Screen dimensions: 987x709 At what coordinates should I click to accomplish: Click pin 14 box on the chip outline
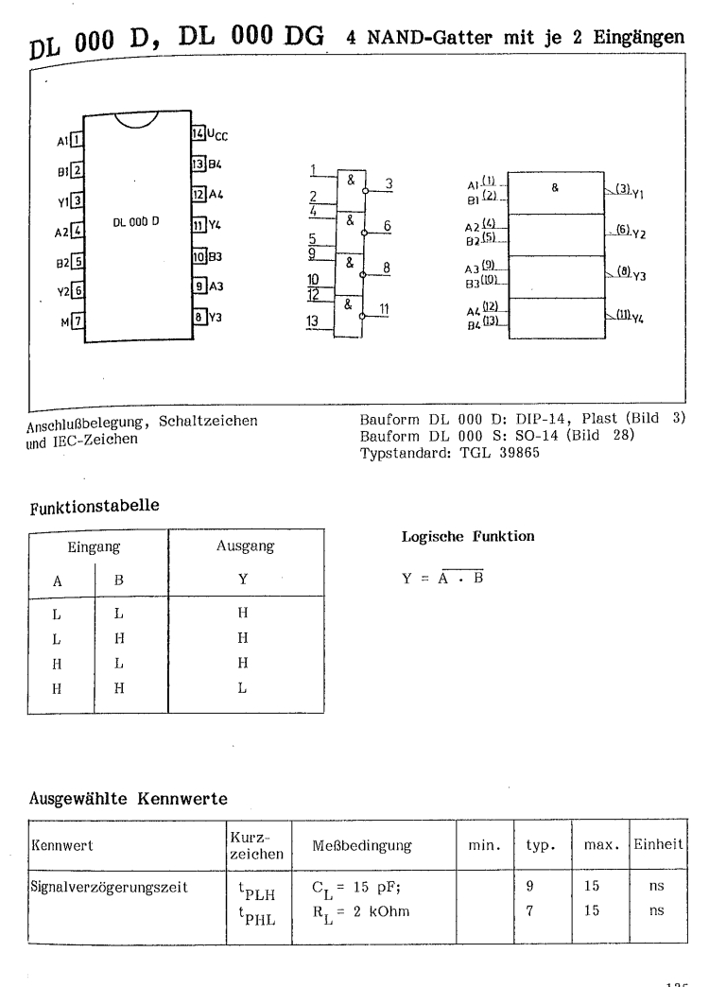196,132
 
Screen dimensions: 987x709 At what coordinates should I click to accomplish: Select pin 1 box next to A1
78,142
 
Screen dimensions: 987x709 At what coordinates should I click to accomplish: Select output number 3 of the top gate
388,182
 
